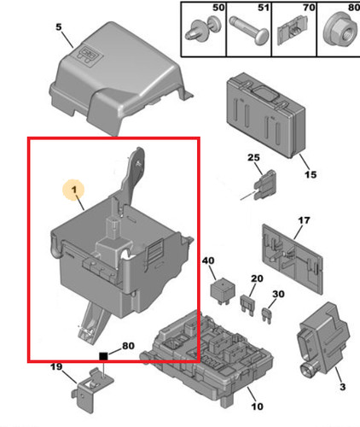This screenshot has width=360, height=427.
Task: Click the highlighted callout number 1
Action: pos(74,190)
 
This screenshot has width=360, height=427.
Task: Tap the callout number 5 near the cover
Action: pos(58,27)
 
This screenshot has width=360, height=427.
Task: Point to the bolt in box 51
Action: pos(249,31)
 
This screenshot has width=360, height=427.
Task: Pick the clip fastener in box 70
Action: pos(292,31)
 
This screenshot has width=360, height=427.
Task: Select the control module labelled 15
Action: pos(266,115)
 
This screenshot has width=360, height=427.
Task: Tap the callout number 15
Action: pos(311,174)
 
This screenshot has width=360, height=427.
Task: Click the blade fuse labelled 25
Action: pos(264,185)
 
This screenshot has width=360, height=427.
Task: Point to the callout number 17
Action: pos(304,220)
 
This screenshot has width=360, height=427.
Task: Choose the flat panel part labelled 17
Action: pos(293,259)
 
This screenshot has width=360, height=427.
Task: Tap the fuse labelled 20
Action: pos(247,305)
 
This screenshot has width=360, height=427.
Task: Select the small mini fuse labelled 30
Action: pos(267,315)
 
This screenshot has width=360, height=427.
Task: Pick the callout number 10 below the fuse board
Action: pos(257,407)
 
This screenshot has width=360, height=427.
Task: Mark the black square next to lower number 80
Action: pos(103,356)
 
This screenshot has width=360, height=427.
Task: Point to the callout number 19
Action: pos(56,366)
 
